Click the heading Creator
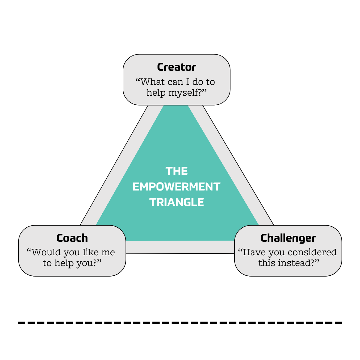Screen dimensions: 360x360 coord(176,67)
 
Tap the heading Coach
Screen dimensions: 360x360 coord(72,238)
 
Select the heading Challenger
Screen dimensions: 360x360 coord(288,238)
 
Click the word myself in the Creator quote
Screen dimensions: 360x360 coord(184,93)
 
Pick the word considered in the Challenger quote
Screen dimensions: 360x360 coord(312,252)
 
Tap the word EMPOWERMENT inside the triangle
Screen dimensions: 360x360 coord(176,187)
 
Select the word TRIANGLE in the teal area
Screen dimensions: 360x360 coord(177,202)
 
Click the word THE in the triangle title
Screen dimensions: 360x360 coord(177,171)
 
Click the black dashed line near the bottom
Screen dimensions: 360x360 coord(180,323)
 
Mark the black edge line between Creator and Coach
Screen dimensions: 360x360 coord(114,165)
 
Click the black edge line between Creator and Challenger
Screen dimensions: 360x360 coord(238,165)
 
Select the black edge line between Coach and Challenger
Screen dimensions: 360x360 coord(180,253)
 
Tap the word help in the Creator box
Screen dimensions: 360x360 coord(156,93)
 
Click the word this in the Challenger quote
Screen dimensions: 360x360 coord(267,263)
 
